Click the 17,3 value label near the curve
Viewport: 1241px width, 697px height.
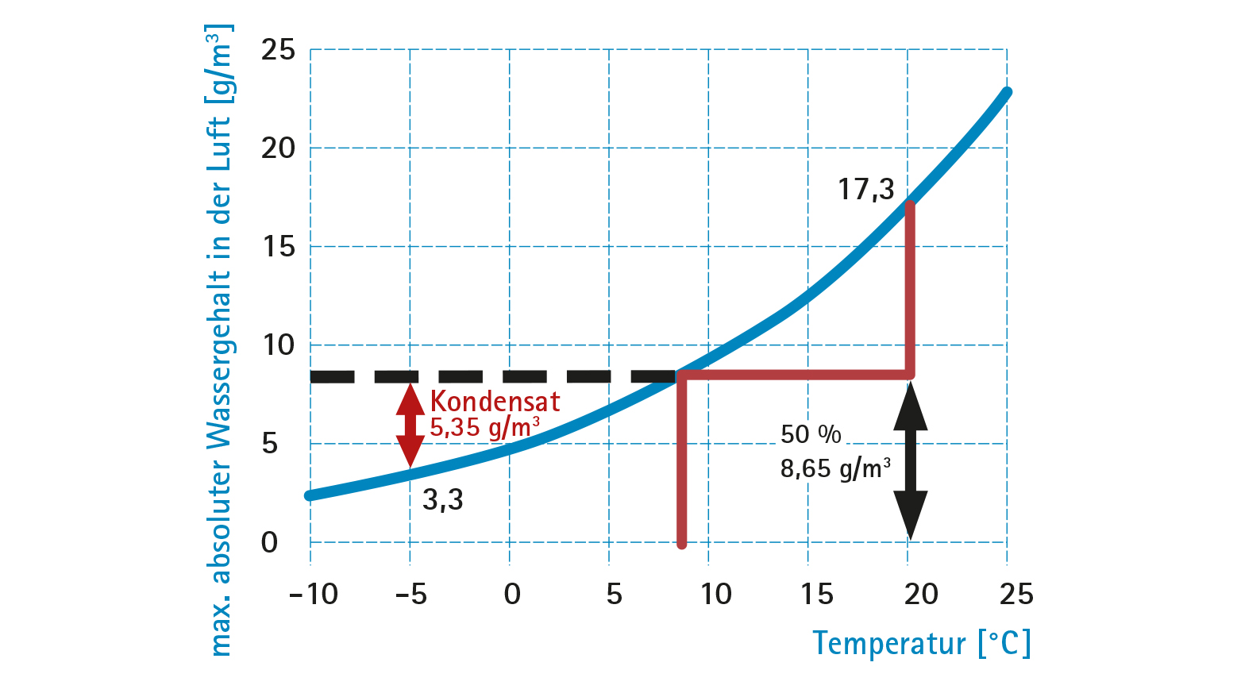click(x=865, y=190)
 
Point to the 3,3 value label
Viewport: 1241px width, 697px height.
click(x=442, y=499)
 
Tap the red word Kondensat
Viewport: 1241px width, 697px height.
click(x=495, y=401)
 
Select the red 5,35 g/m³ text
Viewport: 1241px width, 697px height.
click(x=484, y=428)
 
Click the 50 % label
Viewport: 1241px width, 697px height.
click(x=810, y=434)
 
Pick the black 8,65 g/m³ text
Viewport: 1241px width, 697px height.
click(x=834, y=468)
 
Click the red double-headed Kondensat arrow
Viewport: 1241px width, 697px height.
click(x=410, y=426)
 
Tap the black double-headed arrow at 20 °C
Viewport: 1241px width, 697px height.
click(x=910, y=460)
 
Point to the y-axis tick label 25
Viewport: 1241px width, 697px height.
click(x=278, y=50)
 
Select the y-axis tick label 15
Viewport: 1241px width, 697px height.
click(x=278, y=247)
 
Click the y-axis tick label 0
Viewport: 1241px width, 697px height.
click(x=270, y=543)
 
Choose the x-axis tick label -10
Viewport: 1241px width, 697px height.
click(x=314, y=594)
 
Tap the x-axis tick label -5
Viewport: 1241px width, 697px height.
click(x=410, y=594)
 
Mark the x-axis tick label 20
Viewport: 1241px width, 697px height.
click(x=920, y=594)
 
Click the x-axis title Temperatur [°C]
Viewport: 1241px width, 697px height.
click(x=921, y=643)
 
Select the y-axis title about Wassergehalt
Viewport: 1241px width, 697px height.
click(x=220, y=341)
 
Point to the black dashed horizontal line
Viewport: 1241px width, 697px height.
click(x=492, y=376)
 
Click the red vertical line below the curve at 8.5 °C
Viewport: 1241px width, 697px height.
click(x=681, y=468)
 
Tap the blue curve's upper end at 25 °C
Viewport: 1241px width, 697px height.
click(x=1006, y=93)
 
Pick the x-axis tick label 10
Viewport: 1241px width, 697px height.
click(x=715, y=594)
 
